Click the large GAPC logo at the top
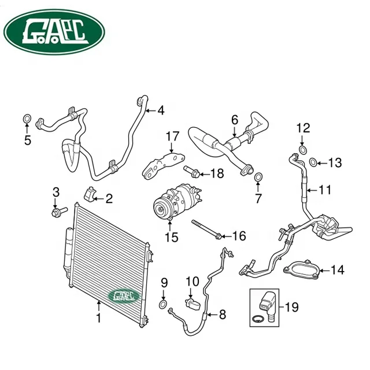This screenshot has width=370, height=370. click(54, 33)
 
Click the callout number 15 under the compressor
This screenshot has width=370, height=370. click(171, 236)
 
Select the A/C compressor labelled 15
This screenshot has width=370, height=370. click(174, 203)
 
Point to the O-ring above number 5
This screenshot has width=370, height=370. click(27, 120)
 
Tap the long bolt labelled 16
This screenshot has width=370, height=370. click(205, 230)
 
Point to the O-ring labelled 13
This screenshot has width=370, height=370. click(312, 162)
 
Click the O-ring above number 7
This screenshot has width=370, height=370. click(258, 176)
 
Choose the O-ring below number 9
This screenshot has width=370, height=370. click(164, 305)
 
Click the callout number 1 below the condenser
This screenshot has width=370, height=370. click(98, 318)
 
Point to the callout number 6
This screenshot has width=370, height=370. click(234, 120)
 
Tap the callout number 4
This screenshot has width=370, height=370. click(161, 110)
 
